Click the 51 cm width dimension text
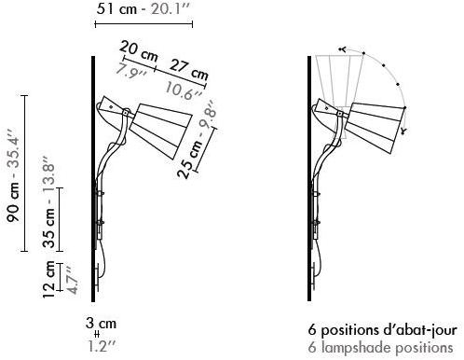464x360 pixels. [x=116, y=8]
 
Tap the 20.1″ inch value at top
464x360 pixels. [x=171, y=9]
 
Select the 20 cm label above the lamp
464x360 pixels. [x=139, y=51]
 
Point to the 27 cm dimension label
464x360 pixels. [x=189, y=70]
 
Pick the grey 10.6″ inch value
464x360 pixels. [x=184, y=90]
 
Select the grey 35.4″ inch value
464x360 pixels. [x=13, y=152]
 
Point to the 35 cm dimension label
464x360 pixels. [x=48, y=228]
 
